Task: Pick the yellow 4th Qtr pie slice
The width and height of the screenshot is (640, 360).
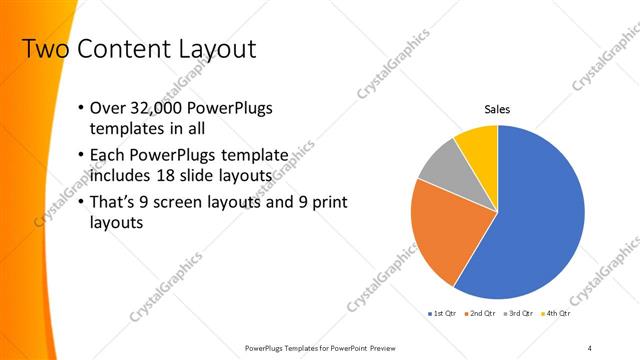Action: click(x=478, y=142)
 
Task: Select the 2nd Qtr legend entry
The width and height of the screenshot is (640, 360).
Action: click(x=481, y=315)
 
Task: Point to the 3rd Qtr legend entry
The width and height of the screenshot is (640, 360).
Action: click(x=520, y=315)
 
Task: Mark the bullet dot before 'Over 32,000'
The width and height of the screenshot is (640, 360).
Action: click(x=81, y=108)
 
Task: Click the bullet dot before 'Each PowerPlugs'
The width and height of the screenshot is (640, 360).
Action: click(x=81, y=156)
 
